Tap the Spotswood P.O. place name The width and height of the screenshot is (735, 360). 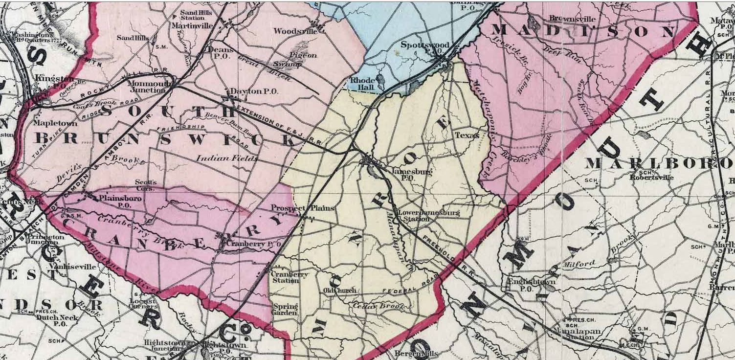coord(424,48)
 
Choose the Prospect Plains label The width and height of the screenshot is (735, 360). coord(303,208)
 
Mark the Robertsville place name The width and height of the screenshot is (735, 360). coord(652,177)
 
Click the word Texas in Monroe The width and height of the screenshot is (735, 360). coord(467,135)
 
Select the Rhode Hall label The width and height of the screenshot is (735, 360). coord(362,84)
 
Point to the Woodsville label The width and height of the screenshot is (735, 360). coord(295,31)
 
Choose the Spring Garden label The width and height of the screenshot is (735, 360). coord(285,310)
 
